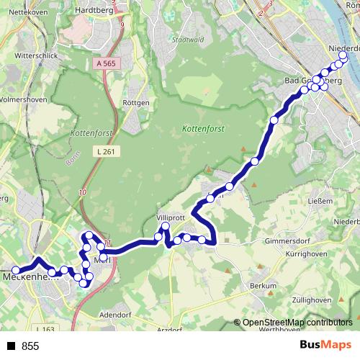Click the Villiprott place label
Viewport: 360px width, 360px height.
[x=171, y=217]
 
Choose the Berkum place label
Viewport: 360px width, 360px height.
[x=263, y=286]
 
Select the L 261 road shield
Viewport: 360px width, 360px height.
[x=104, y=151]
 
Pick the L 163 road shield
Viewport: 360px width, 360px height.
[x=45, y=329]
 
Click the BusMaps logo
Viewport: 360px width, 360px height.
[x=325, y=346]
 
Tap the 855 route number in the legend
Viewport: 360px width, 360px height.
[x=31, y=346]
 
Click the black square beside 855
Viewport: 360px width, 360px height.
[x=12, y=346]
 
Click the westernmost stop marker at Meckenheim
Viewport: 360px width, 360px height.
[x=16, y=271]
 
